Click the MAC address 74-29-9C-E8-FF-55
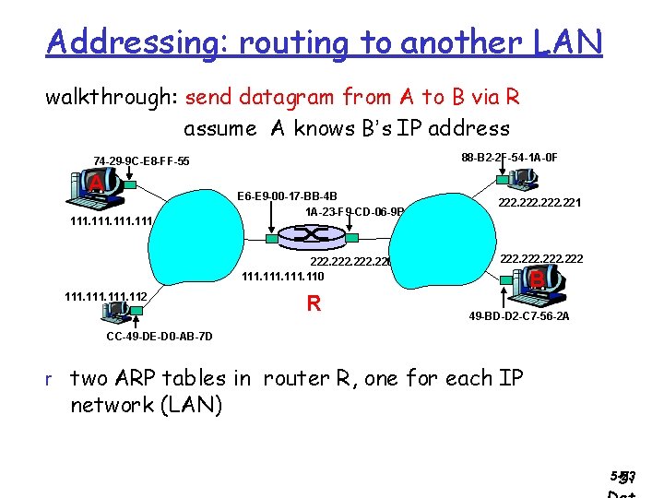click(x=141, y=161)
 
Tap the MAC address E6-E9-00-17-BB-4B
click(x=287, y=196)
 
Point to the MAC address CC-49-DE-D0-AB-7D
click(x=160, y=337)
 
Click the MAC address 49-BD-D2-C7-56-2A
click(x=519, y=315)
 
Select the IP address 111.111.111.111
click(x=111, y=222)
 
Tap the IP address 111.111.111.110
click(x=282, y=276)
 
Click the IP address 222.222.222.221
click(x=539, y=203)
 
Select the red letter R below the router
click(x=314, y=302)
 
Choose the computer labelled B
click(x=534, y=281)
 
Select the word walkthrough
click(x=112, y=96)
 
